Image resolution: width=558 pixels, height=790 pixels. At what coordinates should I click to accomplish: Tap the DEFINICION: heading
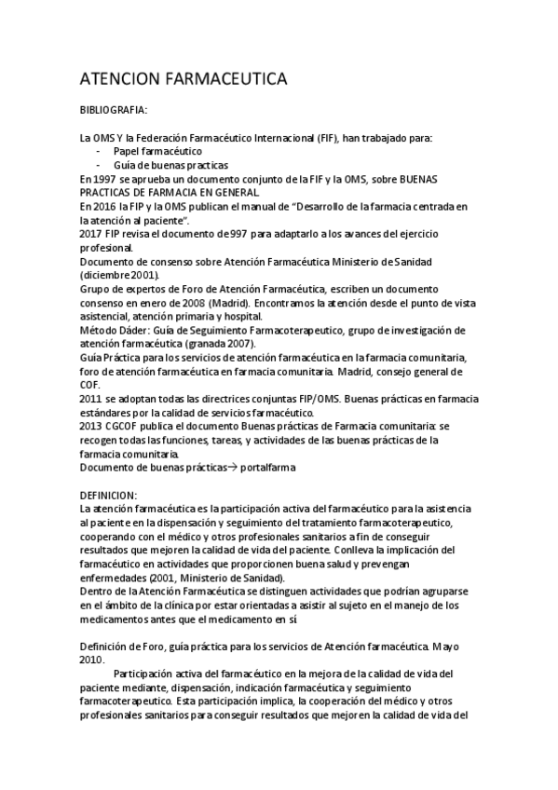click(x=109, y=495)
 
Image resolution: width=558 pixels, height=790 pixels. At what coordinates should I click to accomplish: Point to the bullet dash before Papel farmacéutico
click(x=99, y=151)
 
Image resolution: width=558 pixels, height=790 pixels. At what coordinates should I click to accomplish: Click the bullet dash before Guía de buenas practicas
click(x=99, y=165)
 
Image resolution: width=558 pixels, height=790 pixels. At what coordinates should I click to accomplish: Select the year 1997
click(x=104, y=178)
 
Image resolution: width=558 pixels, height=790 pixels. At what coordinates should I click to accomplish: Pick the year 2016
click(x=104, y=206)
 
